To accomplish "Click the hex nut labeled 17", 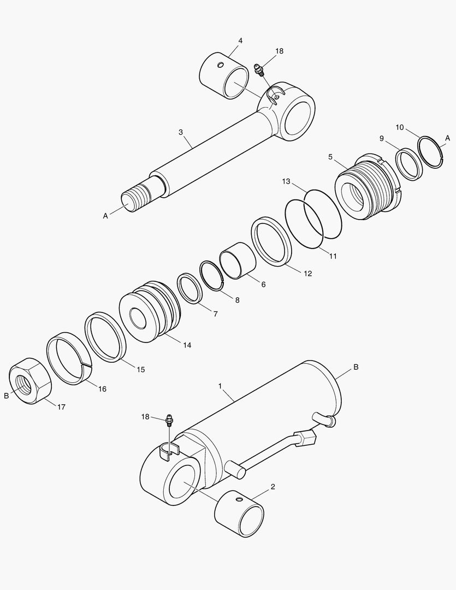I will [x=30, y=381].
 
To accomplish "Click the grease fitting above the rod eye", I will [x=260, y=69].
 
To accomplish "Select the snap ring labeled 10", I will [x=430, y=153].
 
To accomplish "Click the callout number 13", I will [x=286, y=181].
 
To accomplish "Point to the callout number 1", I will [x=220, y=386].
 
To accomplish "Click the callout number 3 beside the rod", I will [x=180, y=132].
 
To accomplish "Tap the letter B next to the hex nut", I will [x=7, y=396].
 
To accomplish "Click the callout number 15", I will [x=141, y=369].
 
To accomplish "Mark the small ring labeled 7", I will [x=189, y=288].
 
